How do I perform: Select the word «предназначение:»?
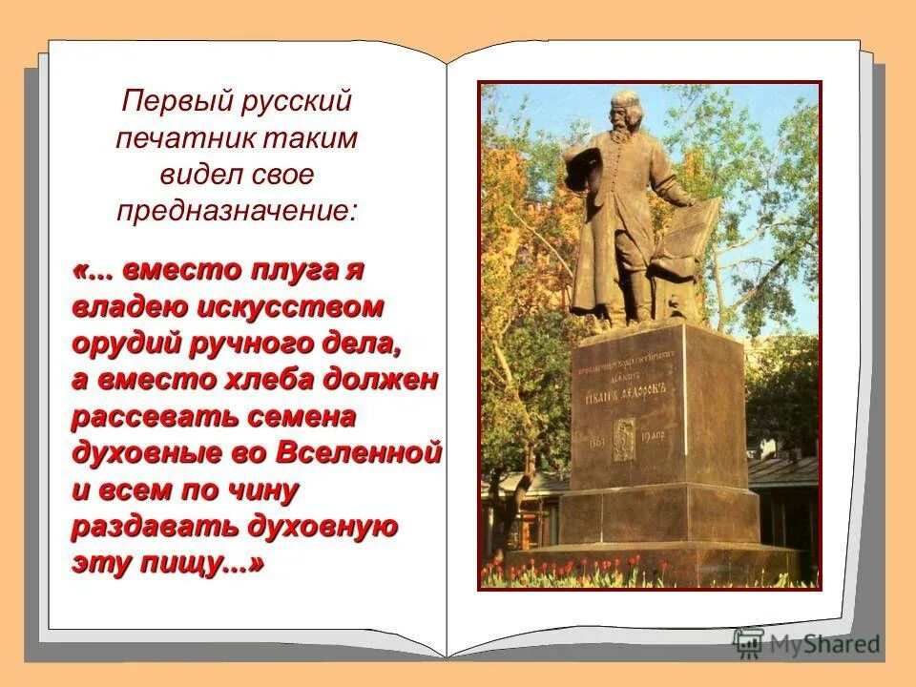(x=237, y=210)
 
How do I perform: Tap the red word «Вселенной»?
(x=360, y=453)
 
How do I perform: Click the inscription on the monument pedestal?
(x=628, y=366)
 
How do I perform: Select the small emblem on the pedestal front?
(x=623, y=439)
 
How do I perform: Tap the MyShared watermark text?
(x=829, y=644)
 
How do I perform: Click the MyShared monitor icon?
(x=750, y=641)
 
